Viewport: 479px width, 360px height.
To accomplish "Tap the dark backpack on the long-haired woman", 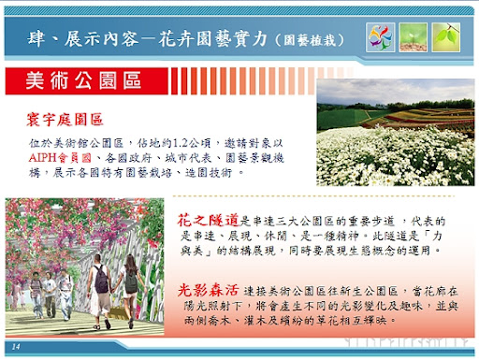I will pos(131,279).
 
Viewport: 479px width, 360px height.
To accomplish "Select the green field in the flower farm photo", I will pos(341,117).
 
